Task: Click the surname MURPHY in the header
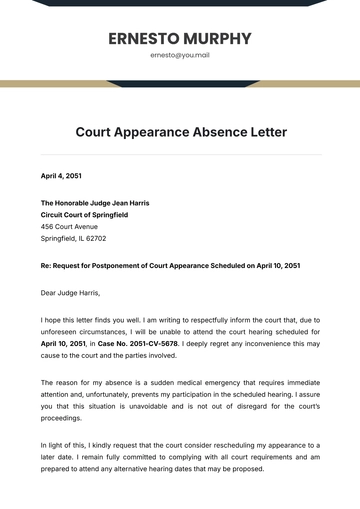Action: tap(214, 39)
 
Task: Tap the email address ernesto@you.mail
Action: tap(180, 56)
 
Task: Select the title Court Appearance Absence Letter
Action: tap(180, 132)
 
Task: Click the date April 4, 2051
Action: tap(61, 176)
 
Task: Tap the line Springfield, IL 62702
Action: tap(73, 239)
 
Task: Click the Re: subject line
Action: tap(170, 266)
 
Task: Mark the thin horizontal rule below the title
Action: tap(180, 155)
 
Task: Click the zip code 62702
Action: tap(95, 239)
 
